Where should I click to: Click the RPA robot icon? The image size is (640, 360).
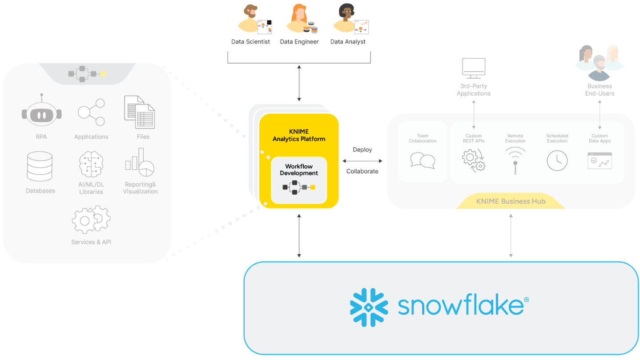(41, 113)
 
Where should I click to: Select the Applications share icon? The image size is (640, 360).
(91, 112)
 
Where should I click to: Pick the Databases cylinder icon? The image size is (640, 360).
(40, 166)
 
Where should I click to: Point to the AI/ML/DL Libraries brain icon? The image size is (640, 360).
(91, 164)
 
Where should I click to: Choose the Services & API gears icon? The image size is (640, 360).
(91, 220)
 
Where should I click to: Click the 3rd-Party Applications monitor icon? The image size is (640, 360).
(474, 68)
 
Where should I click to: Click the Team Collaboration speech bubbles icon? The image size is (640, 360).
(423, 160)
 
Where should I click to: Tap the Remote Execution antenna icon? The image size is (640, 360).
(515, 160)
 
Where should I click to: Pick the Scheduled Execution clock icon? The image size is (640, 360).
(557, 160)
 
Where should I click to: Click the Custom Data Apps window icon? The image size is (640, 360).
(600, 161)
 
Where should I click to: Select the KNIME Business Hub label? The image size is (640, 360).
(511, 201)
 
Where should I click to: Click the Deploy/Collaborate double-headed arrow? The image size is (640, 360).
(362, 160)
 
